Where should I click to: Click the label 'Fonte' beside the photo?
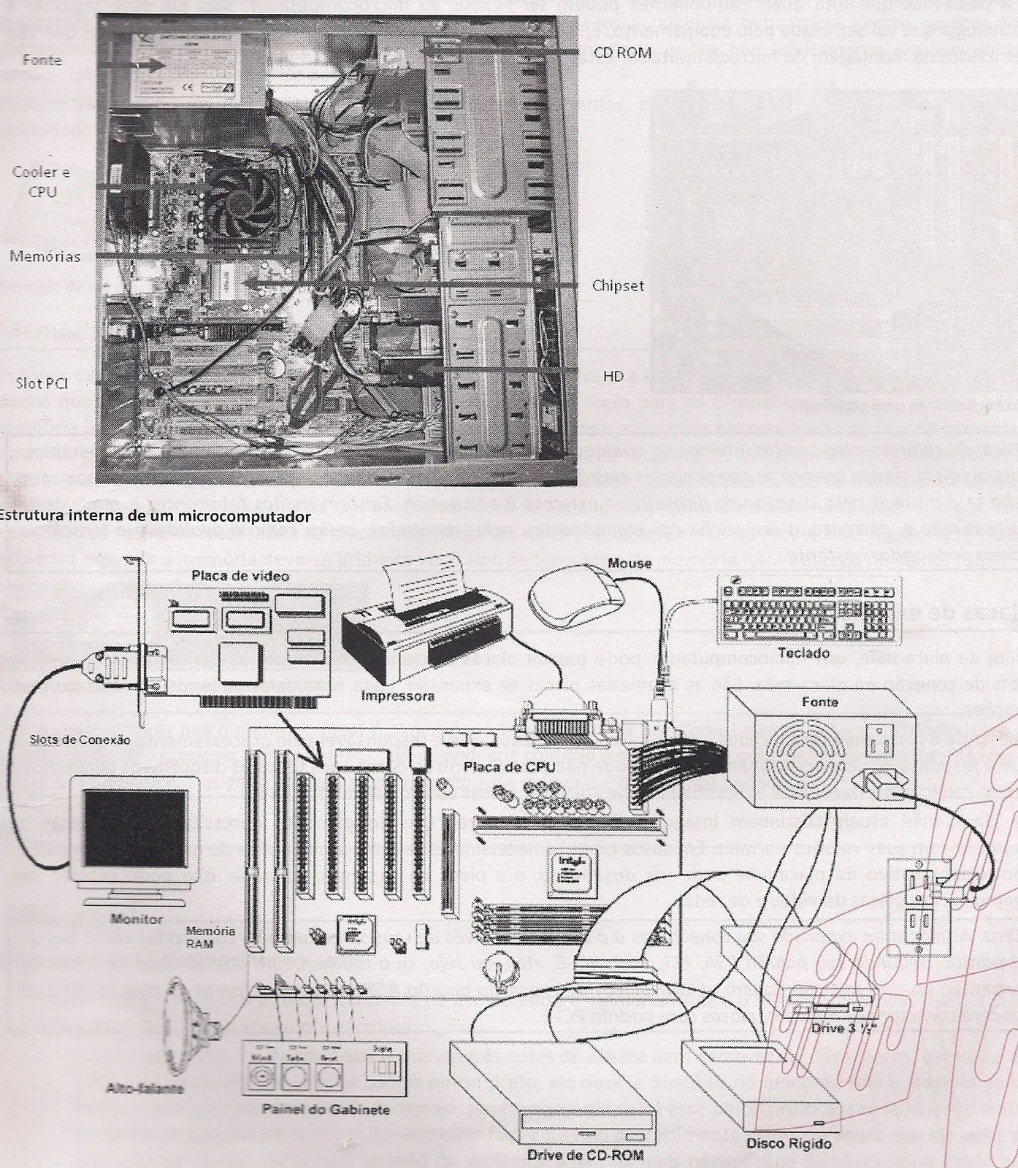pos(42,60)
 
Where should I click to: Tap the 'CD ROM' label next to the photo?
pos(621,53)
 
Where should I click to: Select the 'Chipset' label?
pos(618,285)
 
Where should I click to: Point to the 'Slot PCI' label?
pos(42,383)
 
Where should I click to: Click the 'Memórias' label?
pos(45,257)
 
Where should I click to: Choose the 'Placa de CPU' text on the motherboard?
pos(509,767)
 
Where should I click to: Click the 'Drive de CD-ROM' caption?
pos(585,1155)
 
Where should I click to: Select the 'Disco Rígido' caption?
pos(788,1143)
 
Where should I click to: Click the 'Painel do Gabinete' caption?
pos(326,1110)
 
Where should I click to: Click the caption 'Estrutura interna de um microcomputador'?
pos(155,516)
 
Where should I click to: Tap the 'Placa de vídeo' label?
pos(240,576)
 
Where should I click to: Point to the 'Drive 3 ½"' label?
pos(843,1029)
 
